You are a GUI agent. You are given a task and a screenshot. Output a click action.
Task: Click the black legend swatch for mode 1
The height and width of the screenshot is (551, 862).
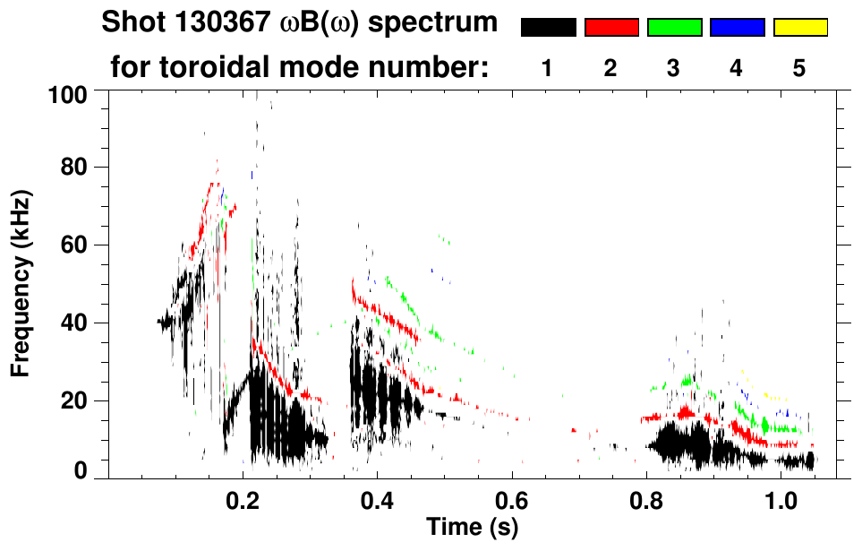coord(548,28)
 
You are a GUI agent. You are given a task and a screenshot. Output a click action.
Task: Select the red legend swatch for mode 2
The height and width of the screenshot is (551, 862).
coord(611,28)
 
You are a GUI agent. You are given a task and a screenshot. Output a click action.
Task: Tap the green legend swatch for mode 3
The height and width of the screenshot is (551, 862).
coord(674,28)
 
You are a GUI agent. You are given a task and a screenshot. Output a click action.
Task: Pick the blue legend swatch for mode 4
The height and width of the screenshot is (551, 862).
coord(737,28)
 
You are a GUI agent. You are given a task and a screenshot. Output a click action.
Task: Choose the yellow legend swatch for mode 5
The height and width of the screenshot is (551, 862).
coord(799,28)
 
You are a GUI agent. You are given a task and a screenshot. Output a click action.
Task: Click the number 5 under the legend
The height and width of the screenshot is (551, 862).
coord(799,69)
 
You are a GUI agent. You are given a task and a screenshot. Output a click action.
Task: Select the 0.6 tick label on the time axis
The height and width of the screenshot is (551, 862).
coord(511,498)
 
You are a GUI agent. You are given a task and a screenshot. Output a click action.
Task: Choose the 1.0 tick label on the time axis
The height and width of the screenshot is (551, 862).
coord(781,498)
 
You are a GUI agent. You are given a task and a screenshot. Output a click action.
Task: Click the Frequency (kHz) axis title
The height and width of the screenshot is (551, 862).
coord(21,282)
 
